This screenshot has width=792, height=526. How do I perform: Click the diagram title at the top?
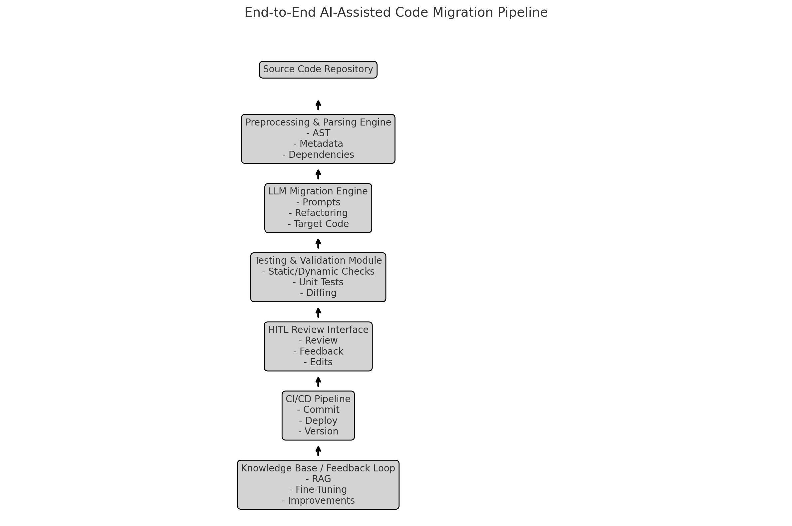pyautogui.click(x=396, y=13)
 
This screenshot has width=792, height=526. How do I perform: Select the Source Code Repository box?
pyautogui.click(x=318, y=70)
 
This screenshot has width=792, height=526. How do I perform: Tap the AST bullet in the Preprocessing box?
pyautogui.click(x=318, y=133)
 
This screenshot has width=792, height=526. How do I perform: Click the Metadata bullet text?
pyautogui.click(x=318, y=144)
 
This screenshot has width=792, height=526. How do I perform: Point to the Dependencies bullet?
pyautogui.click(x=318, y=155)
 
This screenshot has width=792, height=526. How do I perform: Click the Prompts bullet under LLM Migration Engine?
pyautogui.click(x=318, y=202)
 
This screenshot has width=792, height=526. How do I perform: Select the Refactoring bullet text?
pyautogui.click(x=318, y=213)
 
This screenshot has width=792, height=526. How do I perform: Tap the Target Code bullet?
pyautogui.click(x=318, y=224)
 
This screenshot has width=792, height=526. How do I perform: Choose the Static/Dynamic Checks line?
pyautogui.click(x=318, y=271)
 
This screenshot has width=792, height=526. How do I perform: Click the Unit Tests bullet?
pyautogui.click(x=318, y=282)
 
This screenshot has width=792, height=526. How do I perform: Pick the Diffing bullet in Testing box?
pyautogui.click(x=318, y=293)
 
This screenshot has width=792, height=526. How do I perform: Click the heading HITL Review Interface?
pyautogui.click(x=318, y=330)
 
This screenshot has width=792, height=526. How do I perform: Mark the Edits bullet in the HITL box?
pyautogui.click(x=318, y=362)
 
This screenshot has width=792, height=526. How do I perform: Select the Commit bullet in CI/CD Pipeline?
pyautogui.click(x=318, y=409)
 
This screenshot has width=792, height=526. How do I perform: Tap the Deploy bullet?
pyautogui.click(x=318, y=420)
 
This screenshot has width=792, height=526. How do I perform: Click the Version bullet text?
pyautogui.click(x=318, y=431)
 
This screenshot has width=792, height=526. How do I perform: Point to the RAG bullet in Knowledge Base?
pyautogui.click(x=318, y=479)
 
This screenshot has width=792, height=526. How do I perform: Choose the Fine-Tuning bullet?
pyautogui.click(x=318, y=489)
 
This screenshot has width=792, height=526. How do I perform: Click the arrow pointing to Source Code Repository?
pyautogui.click(x=318, y=105)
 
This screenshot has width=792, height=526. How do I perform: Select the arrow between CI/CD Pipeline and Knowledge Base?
pyautogui.click(x=318, y=451)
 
